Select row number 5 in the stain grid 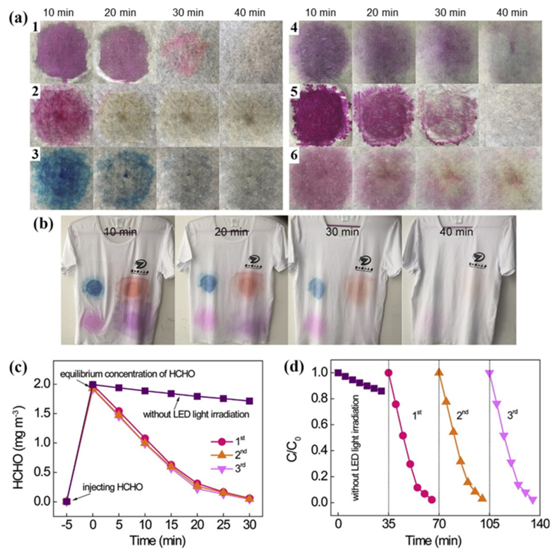point(294,92)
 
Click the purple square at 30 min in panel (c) point(249,401)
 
